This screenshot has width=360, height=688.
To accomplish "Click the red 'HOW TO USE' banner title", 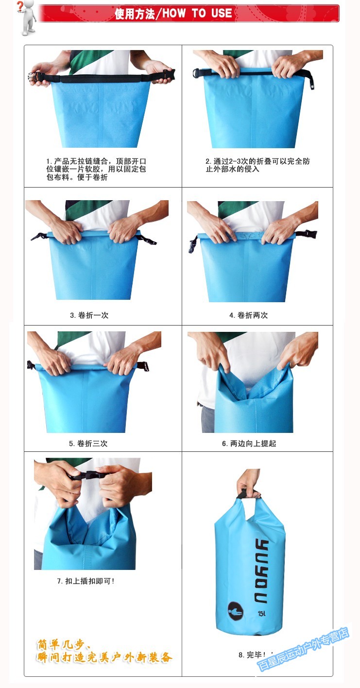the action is (173, 14).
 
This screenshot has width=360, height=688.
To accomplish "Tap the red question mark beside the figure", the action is (20, 6).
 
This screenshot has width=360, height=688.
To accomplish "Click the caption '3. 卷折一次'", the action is (89, 315).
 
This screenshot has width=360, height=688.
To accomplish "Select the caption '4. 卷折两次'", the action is (248, 315).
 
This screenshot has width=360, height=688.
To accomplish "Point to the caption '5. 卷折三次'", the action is (88, 444).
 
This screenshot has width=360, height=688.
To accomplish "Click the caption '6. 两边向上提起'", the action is (249, 444).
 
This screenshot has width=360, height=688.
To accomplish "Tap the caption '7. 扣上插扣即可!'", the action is (86, 581).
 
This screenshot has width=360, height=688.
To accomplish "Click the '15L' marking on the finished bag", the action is (262, 613).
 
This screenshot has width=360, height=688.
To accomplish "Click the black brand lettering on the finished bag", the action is (262, 571).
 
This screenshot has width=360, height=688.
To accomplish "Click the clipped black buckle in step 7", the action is (89, 476).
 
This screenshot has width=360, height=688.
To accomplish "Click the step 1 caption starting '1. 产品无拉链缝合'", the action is (96, 169).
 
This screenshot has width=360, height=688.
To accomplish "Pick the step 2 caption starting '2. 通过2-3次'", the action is (257, 165).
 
